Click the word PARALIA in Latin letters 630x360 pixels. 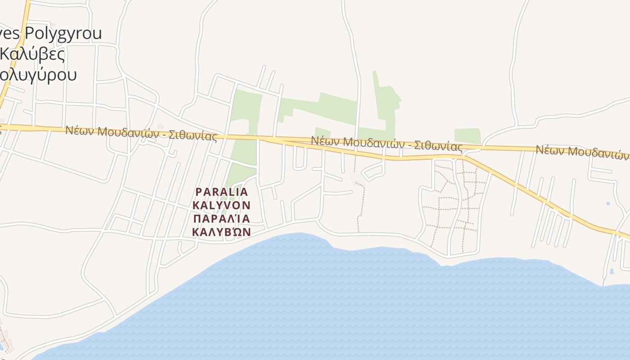[x=221, y=192]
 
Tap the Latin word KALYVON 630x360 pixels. [x=221, y=205]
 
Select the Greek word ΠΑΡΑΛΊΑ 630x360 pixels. [x=221, y=219]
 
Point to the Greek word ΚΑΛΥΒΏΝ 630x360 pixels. [x=221, y=232]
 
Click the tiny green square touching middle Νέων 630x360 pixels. [x=323, y=133]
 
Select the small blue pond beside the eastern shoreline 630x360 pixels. [x=612, y=271]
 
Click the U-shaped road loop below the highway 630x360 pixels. [x=300, y=160]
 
